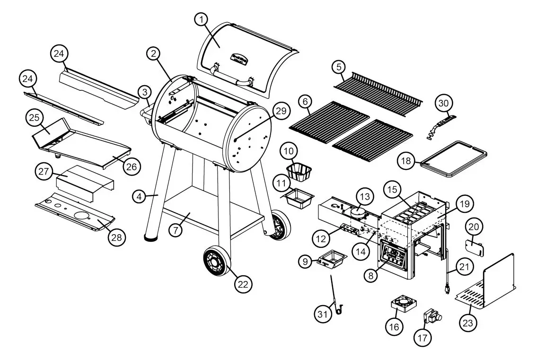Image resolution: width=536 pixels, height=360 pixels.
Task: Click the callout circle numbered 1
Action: [x=202, y=19]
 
